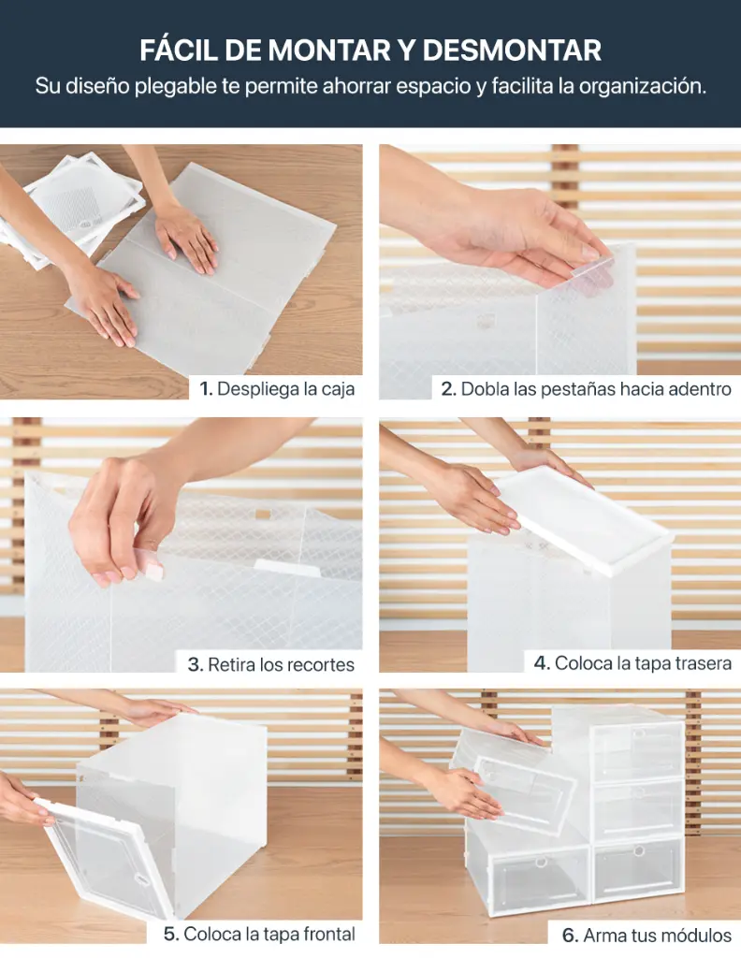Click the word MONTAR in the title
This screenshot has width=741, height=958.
tap(327, 50)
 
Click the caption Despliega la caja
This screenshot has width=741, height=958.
tap(285, 389)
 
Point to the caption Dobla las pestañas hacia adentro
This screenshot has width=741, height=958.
tap(596, 389)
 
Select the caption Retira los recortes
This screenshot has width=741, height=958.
tap(281, 665)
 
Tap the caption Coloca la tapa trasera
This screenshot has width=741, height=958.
tap(643, 663)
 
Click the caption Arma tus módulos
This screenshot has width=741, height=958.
tap(657, 935)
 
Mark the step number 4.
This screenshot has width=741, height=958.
tap(541, 663)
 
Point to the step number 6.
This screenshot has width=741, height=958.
tap(569, 935)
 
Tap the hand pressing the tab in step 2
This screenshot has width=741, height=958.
tap(524, 234)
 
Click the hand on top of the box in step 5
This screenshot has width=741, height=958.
tap(154, 712)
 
